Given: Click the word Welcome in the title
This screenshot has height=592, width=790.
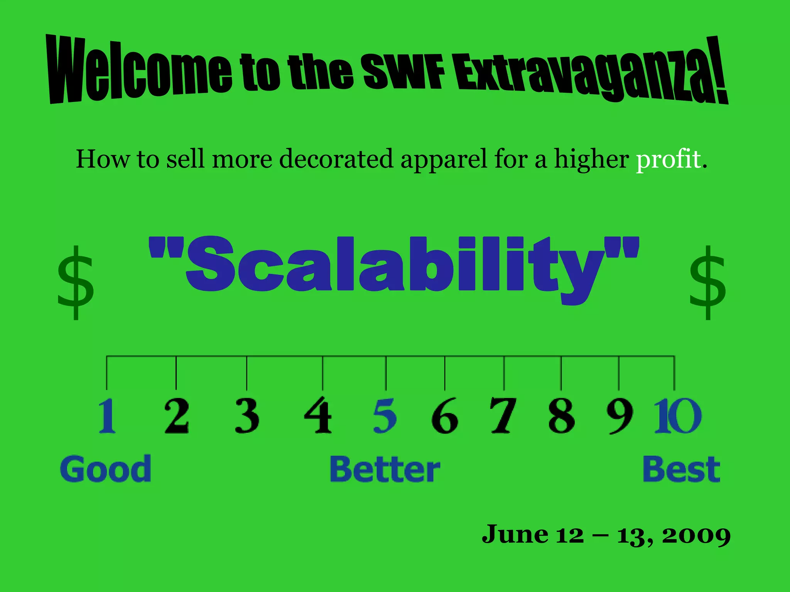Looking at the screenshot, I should [x=139, y=69].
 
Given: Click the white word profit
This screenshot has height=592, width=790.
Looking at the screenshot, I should [x=668, y=159].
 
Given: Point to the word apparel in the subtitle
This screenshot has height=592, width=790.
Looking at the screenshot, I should [x=444, y=159].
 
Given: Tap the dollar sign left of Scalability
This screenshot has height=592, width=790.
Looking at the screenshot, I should [x=76, y=283].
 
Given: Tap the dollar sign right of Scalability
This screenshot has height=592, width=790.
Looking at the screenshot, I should [x=707, y=283].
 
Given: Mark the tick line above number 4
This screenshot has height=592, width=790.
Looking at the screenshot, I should [x=322, y=373].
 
